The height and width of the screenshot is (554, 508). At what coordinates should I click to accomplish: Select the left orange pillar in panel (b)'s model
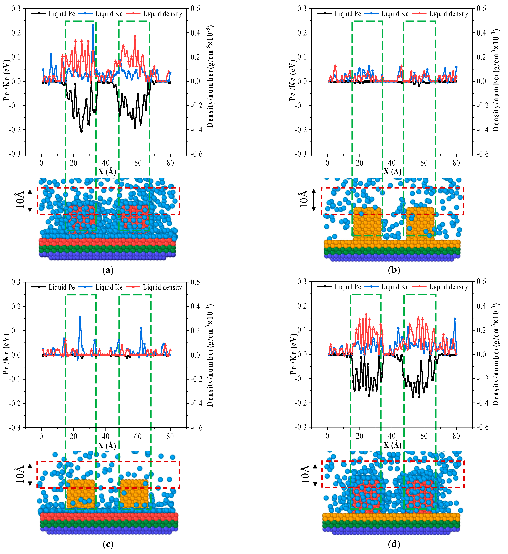pos(367,221)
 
